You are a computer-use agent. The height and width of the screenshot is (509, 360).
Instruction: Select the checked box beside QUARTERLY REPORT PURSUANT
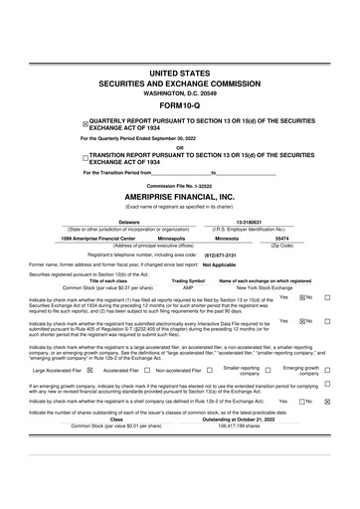click(85, 123)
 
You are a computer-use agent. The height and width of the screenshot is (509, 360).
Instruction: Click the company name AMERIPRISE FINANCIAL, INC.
click(180, 198)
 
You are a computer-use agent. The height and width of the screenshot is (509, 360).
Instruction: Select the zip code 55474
click(281, 239)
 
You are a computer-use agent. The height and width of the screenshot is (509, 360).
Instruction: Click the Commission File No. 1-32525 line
click(180, 185)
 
